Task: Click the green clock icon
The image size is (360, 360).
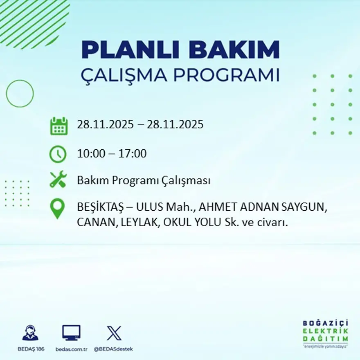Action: (x=58, y=154)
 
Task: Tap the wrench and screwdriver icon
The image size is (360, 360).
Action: (x=58, y=180)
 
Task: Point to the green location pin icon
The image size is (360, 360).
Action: (x=57, y=208)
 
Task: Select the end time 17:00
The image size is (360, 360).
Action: (x=133, y=154)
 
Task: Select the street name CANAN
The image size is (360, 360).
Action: (x=91, y=223)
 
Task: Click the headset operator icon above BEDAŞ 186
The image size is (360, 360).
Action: (x=30, y=333)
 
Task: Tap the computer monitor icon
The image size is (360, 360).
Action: (x=71, y=333)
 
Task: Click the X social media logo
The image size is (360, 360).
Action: (x=114, y=333)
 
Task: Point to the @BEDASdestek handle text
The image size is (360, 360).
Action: (x=113, y=349)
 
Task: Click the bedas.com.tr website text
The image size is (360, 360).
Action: (x=72, y=349)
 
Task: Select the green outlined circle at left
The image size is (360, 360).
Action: (x=20, y=94)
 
